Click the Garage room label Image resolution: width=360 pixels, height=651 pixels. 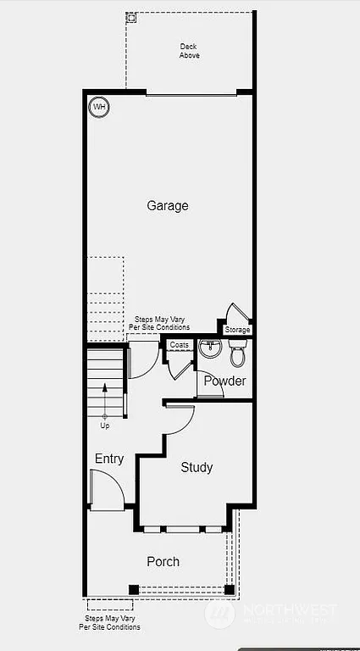click(x=168, y=206)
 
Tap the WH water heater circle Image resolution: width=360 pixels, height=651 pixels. click(x=99, y=107)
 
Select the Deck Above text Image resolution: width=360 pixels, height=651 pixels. click(x=189, y=51)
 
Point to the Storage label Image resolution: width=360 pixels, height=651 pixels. click(x=237, y=330)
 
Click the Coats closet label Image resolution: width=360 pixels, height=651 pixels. click(x=179, y=345)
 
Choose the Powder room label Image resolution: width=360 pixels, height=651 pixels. click(x=224, y=381)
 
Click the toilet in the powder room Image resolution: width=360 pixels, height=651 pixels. click(x=237, y=353)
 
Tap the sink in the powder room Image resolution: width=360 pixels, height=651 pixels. click(x=210, y=348)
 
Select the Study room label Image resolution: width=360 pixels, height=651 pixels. click(x=197, y=467)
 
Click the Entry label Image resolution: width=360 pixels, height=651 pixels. click(x=109, y=459)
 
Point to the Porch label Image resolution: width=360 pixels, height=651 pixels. click(x=163, y=561)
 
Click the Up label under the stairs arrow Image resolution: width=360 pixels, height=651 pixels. click(x=105, y=426)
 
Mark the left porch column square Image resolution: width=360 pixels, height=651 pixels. click(x=133, y=589)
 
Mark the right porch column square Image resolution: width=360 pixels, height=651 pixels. click(x=229, y=589)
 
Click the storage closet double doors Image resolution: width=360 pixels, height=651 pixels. click(x=234, y=312)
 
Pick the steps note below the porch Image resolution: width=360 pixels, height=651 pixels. click(x=110, y=623)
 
